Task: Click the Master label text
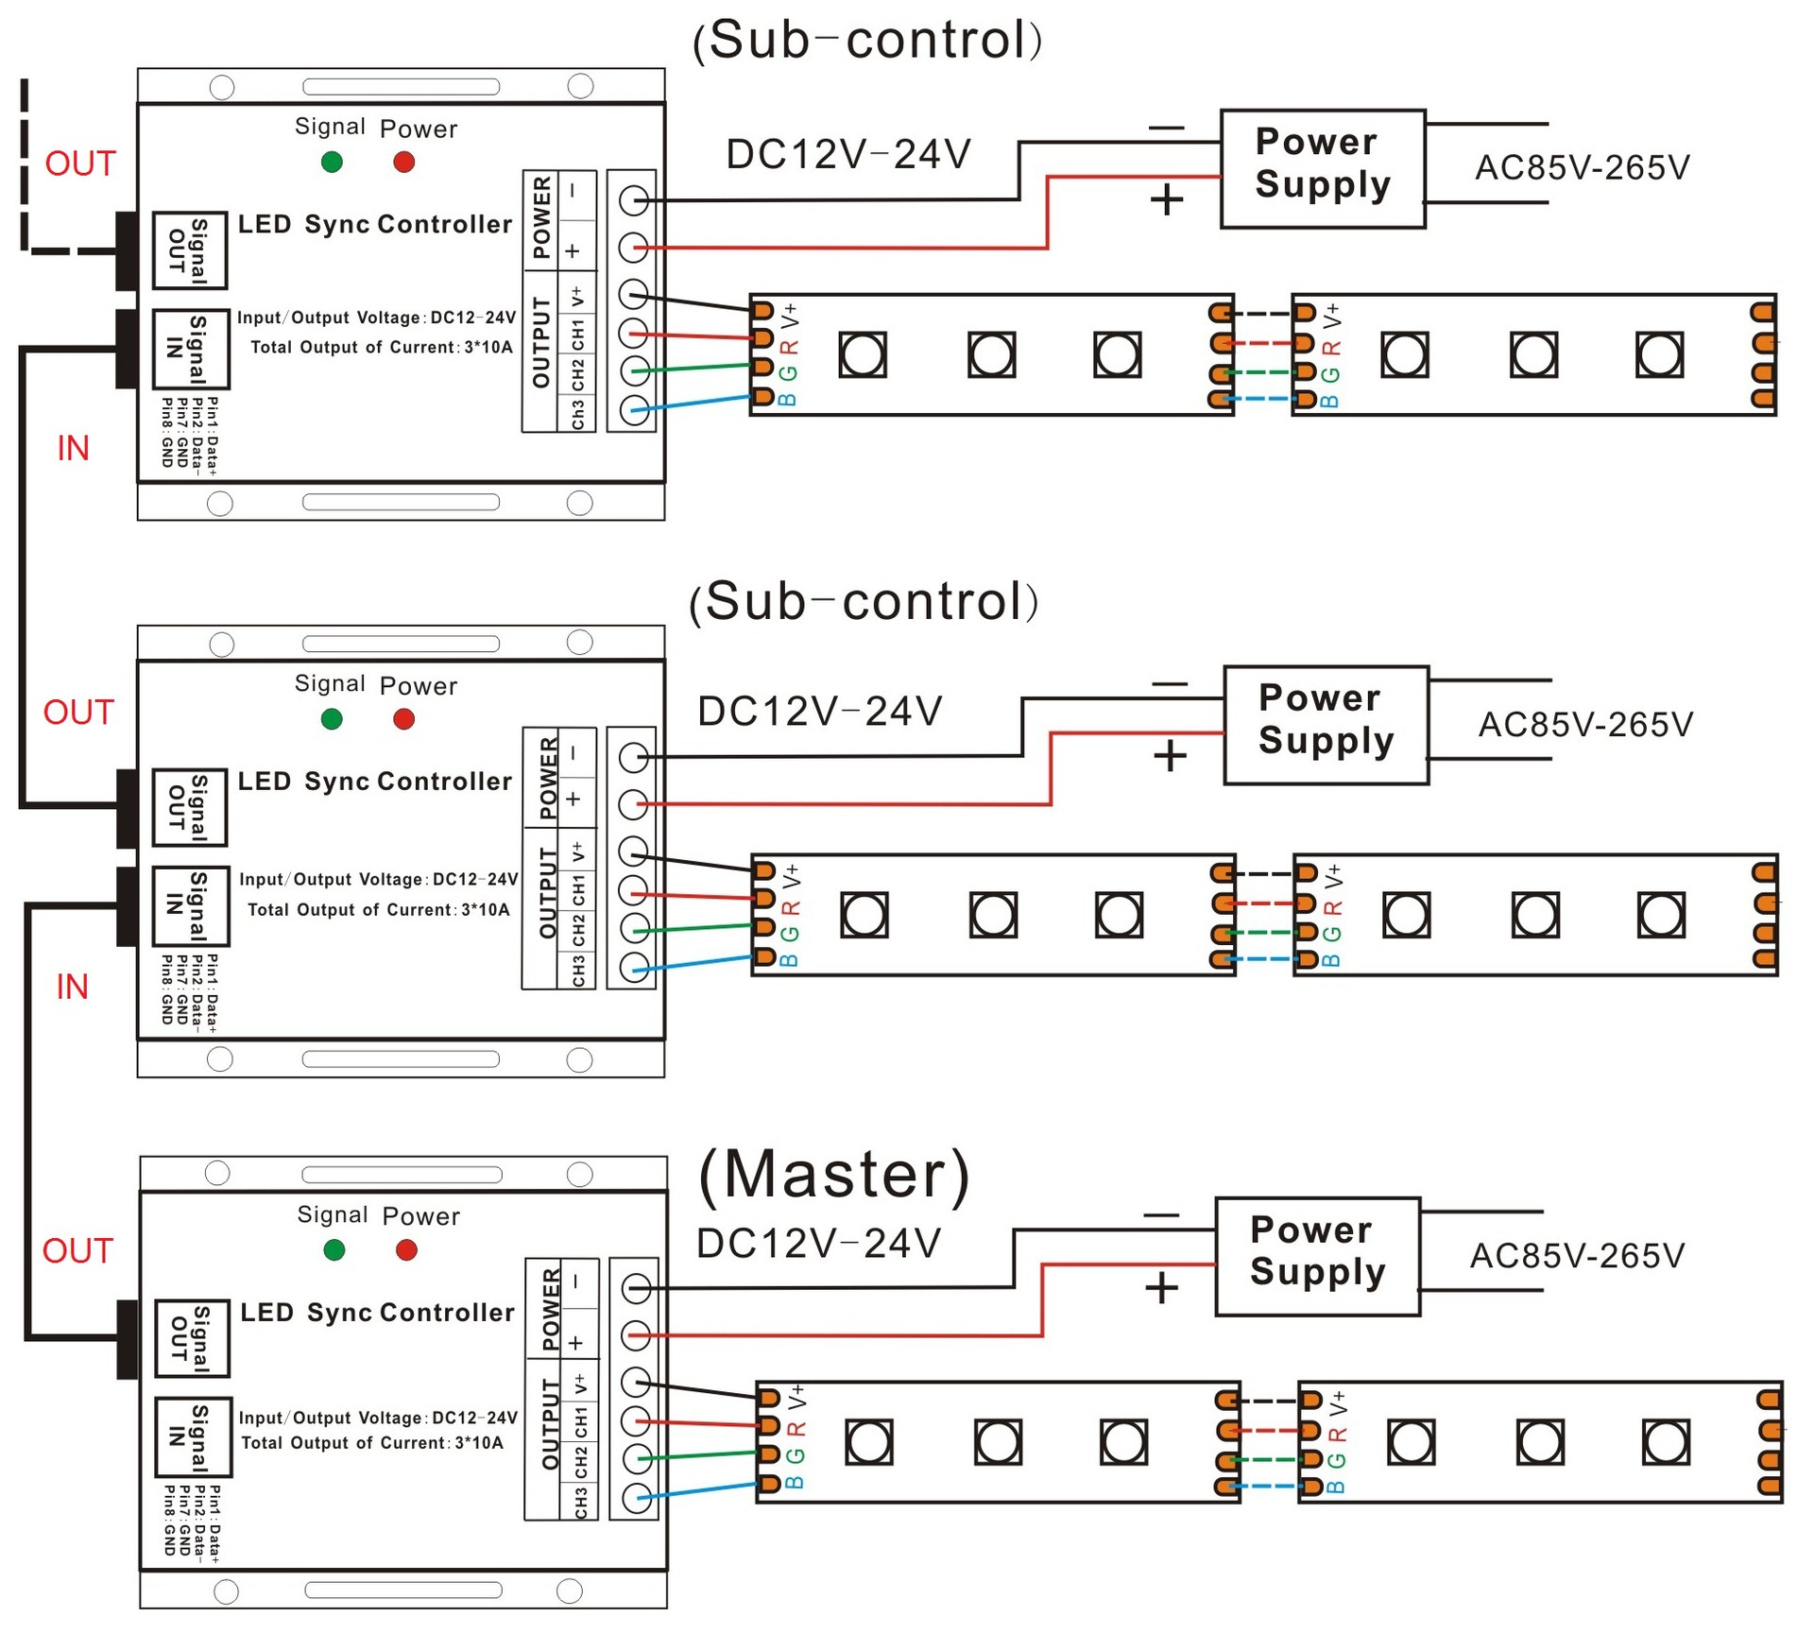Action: (833, 1174)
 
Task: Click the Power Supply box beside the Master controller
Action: (1317, 1256)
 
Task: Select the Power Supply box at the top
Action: (1322, 168)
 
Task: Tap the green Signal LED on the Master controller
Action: (334, 1250)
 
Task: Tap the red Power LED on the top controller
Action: (403, 162)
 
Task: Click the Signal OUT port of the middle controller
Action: (189, 807)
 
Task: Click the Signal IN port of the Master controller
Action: (192, 1436)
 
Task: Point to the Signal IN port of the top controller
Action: (190, 349)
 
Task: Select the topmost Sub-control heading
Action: (867, 41)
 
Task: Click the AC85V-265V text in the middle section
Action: (1585, 725)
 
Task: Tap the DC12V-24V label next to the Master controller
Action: (818, 1244)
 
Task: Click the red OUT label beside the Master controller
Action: (77, 1250)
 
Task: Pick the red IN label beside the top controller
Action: (73, 448)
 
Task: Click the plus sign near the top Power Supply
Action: (1166, 199)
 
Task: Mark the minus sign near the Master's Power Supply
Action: (1160, 1215)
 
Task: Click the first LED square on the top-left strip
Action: (862, 354)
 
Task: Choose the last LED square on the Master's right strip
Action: (1665, 1442)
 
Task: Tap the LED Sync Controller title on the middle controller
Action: (374, 782)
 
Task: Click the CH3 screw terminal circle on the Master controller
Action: (637, 1496)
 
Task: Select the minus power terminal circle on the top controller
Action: (633, 200)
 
